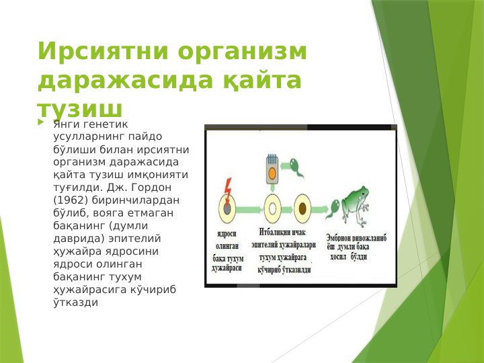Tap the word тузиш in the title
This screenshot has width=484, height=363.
(80, 110)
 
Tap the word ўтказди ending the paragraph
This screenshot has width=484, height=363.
(75, 302)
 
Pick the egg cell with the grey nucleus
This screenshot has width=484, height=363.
(227, 208)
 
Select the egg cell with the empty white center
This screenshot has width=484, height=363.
(272, 208)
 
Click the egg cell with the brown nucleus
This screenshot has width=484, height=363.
(302, 208)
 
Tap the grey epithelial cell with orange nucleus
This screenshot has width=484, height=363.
(272, 169)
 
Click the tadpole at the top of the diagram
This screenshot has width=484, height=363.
(296, 167)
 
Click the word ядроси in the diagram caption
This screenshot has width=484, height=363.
(225, 235)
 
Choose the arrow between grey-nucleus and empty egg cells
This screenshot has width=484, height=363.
(249, 208)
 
